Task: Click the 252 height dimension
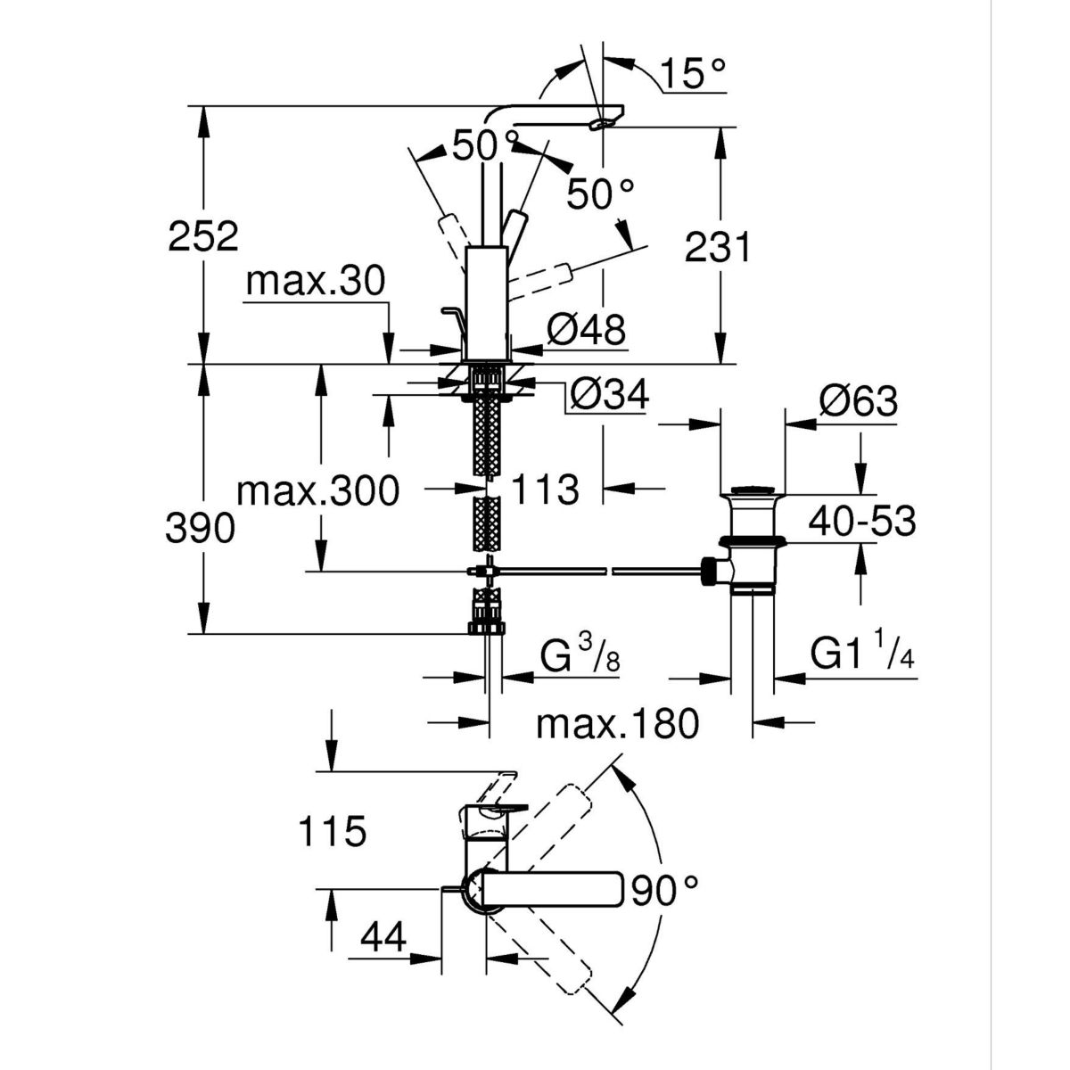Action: [x=203, y=236]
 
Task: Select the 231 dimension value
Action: [x=718, y=247]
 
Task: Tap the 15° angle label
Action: [x=694, y=73]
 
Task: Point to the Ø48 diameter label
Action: [x=587, y=329]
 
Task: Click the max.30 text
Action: [x=316, y=281]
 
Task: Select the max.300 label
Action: [x=318, y=490]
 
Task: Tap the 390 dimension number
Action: [x=201, y=528]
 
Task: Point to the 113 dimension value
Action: [x=545, y=490]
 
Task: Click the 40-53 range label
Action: [x=861, y=522]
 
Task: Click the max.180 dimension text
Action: [x=617, y=723]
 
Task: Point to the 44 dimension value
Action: [x=383, y=938]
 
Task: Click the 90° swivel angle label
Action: [x=663, y=891]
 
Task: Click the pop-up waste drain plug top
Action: [x=753, y=490]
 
